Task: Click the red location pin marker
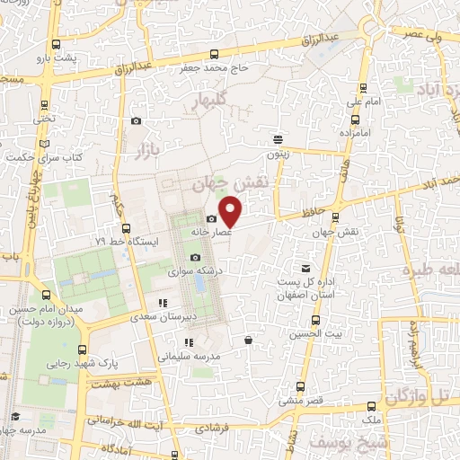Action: pyautogui.click(x=231, y=210)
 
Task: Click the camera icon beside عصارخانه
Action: pyautogui.click(x=211, y=218)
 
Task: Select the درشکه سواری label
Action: pyautogui.click(x=197, y=269)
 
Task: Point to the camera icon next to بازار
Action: pyautogui.click(x=136, y=121)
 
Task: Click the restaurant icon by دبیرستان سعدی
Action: pyautogui.click(x=163, y=304)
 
